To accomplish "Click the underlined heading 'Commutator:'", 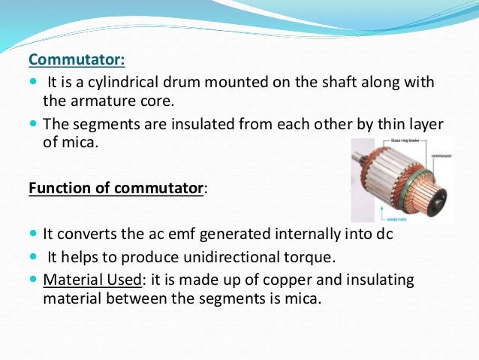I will (77, 59).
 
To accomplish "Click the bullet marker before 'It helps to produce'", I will (34, 257).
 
